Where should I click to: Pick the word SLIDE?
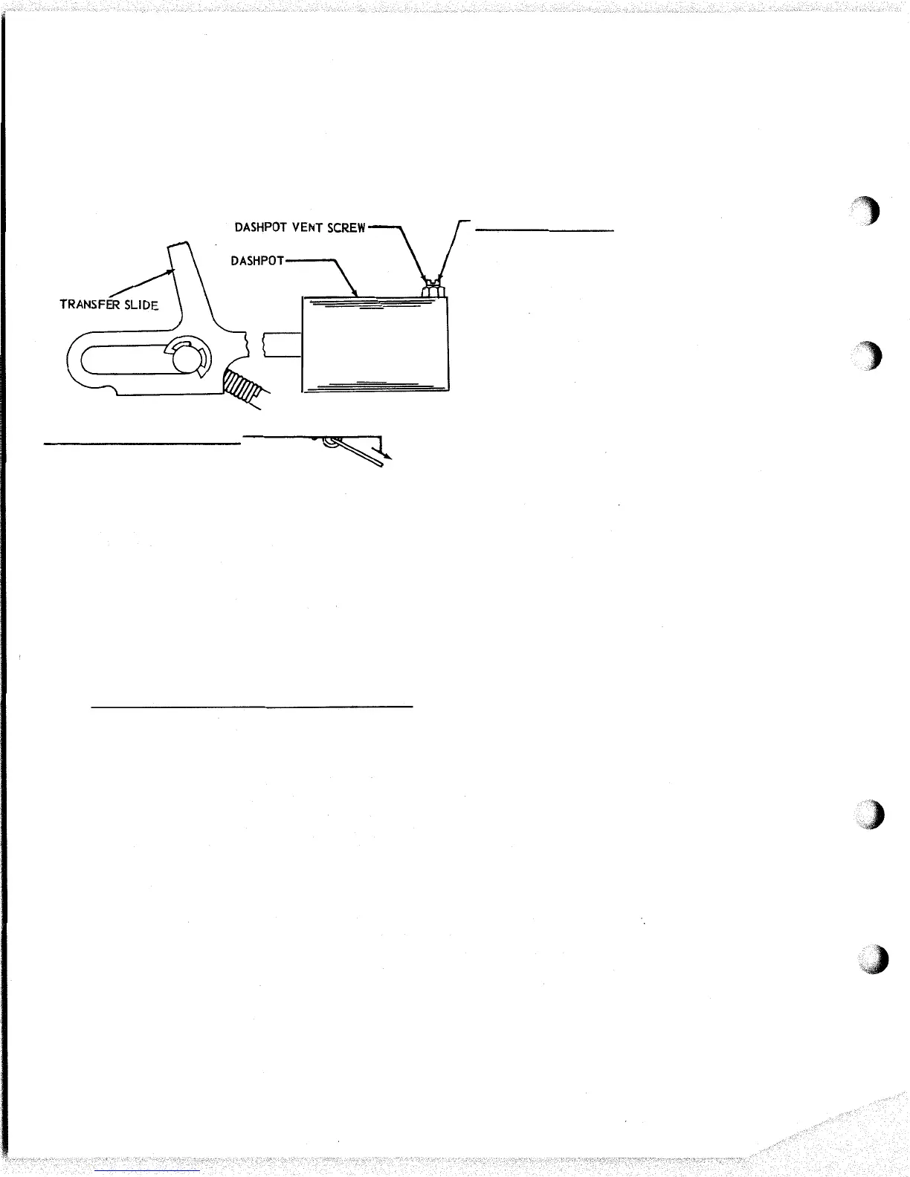(141, 305)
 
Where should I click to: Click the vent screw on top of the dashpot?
(432, 290)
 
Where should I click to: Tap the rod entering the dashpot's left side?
(283, 346)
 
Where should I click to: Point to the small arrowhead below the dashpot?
(389, 456)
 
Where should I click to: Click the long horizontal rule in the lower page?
(251, 706)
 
